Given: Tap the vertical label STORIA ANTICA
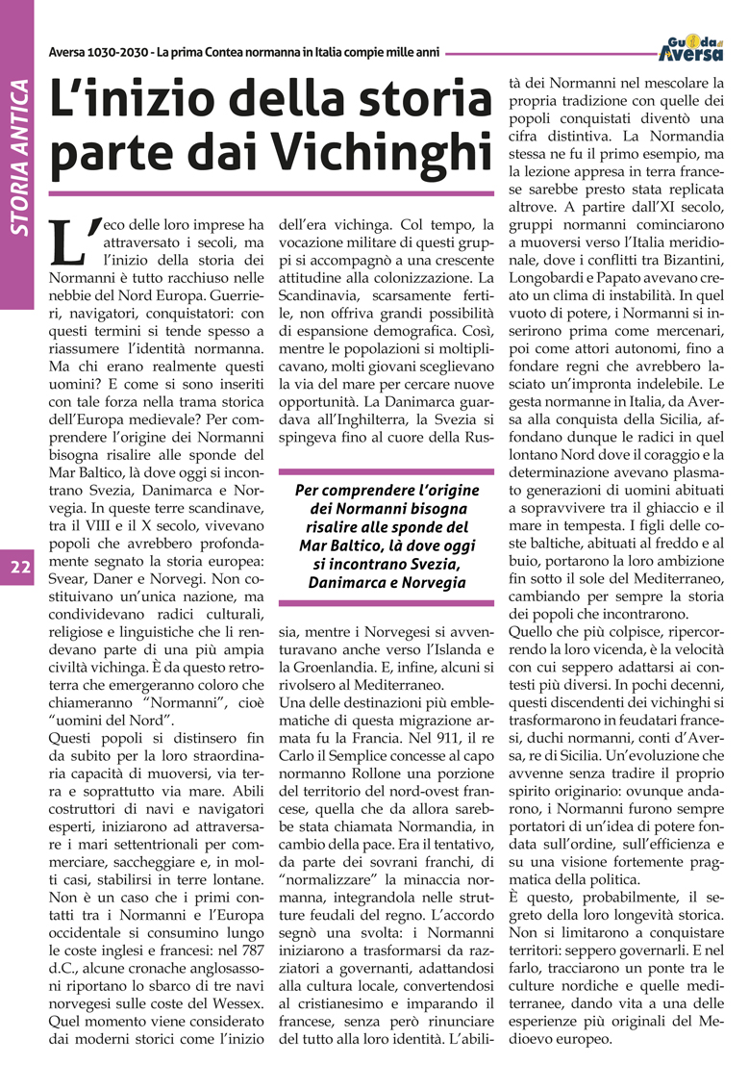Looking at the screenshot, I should tap(18, 160).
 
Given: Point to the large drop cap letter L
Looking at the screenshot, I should tap(74, 241).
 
